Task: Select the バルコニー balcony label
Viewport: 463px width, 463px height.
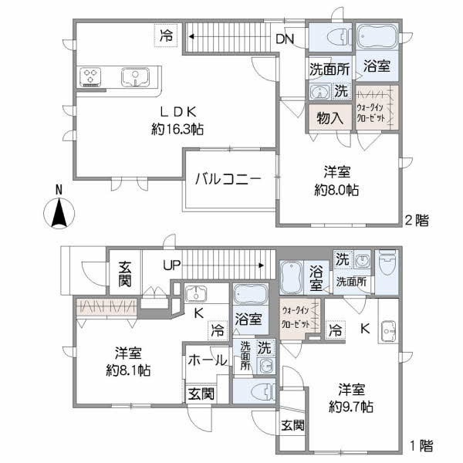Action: point(228,178)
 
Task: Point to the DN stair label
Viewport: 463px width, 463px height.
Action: point(284,37)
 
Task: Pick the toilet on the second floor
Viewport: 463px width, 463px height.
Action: point(332,37)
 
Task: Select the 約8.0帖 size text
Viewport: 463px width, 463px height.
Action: point(340,189)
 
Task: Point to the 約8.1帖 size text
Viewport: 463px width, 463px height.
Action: point(128,369)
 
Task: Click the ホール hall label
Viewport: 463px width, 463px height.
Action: point(207,360)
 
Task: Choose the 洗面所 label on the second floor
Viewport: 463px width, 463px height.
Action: point(330,67)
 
